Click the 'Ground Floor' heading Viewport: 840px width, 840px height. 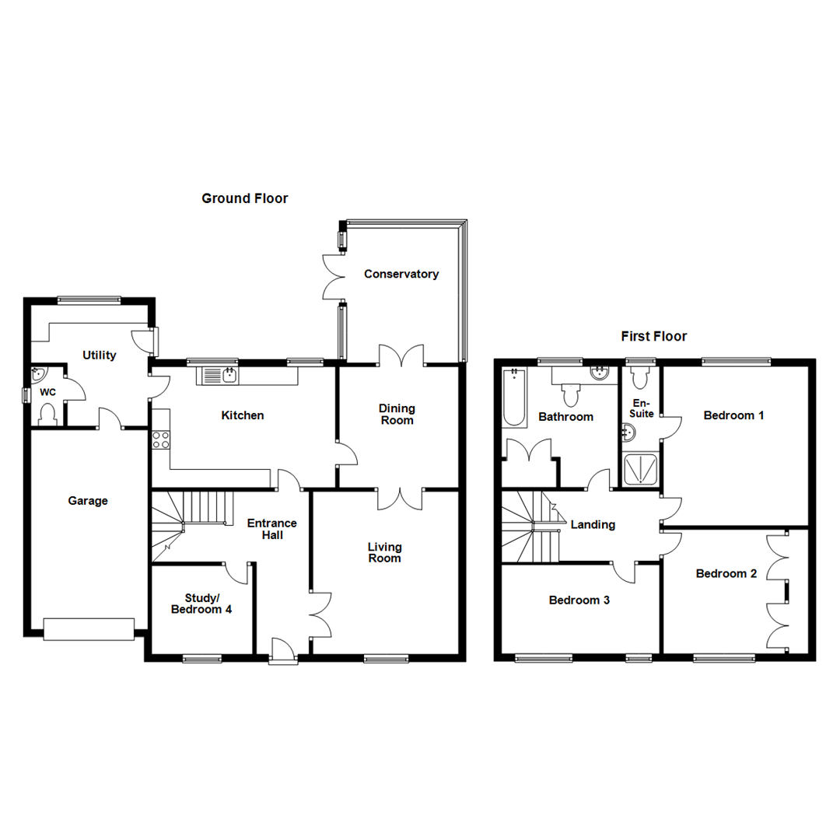pos(244,198)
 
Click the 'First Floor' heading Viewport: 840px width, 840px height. pos(653,337)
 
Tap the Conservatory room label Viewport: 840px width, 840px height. pos(401,274)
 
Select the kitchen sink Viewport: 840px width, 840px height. pos(220,376)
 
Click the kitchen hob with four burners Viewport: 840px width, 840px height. pos(161,439)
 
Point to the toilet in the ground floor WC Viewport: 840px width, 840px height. pos(47,413)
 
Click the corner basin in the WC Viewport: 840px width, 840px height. pos(39,376)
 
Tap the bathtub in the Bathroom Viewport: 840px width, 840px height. pos(514,397)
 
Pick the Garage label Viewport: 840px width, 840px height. pos(87,501)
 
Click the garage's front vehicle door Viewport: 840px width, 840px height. pos(88,628)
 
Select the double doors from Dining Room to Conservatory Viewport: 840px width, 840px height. pos(402,356)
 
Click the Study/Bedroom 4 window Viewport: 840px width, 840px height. pos(201,659)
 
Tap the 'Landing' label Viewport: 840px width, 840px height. pos(593,524)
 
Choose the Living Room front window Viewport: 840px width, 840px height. pos(386,659)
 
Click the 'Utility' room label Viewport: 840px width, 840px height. pos(100,355)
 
